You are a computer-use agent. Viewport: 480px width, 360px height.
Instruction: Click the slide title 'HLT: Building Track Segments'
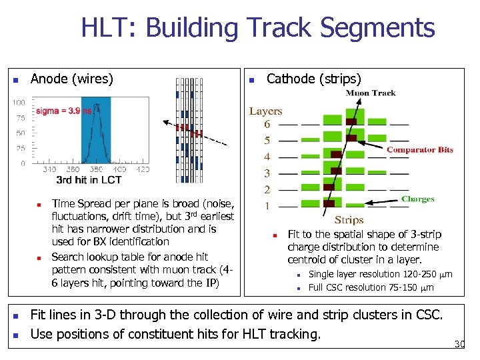tap(257, 28)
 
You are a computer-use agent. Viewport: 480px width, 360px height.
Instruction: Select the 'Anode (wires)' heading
tap(72, 79)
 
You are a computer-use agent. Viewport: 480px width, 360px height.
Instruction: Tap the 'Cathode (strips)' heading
tap(313, 79)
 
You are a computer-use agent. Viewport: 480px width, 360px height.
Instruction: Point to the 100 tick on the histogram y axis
tap(18, 103)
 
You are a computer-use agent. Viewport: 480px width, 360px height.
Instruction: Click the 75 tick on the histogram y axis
tap(20, 118)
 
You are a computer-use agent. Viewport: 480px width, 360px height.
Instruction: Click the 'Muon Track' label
tap(371, 93)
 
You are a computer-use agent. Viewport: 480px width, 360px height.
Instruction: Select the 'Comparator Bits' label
tap(419, 150)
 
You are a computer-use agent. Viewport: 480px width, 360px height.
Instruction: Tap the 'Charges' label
tap(418, 199)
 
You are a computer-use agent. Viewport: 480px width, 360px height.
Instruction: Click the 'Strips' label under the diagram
tap(349, 219)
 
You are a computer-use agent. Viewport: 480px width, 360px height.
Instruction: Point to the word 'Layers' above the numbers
tap(266, 111)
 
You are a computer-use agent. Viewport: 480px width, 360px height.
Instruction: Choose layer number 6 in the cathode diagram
tap(267, 125)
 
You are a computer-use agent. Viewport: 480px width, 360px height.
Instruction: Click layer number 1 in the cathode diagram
tap(267, 206)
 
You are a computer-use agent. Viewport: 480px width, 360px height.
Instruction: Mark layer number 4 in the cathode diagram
tap(267, 157)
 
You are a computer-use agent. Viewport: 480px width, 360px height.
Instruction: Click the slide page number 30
tap(459, 345)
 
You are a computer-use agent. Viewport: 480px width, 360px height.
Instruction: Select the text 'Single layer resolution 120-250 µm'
tap(380, 275)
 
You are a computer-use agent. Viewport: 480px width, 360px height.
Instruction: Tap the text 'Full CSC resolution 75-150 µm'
tap(371, 288)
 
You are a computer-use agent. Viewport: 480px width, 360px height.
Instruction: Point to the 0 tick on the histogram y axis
tap(23, 163)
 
